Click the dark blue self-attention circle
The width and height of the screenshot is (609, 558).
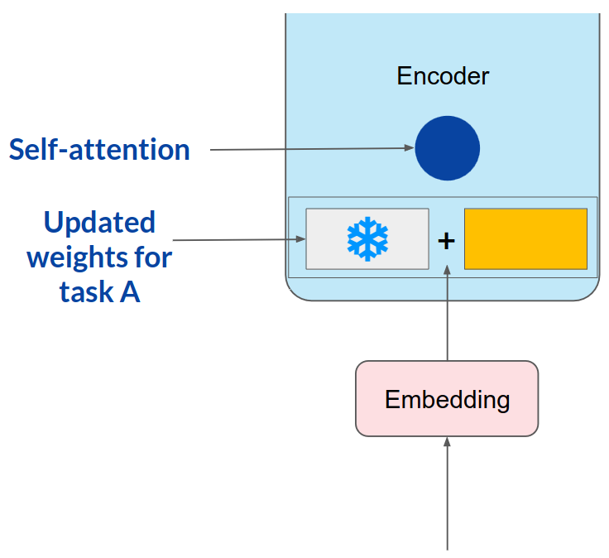click(x=447, y=149)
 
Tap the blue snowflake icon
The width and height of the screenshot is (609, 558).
click(x=367, y=239)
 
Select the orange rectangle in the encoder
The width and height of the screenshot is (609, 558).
click(x=525, y=238)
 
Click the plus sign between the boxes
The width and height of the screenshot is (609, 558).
click(x=447, y=241)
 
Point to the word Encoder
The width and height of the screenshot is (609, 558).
click(x=443, y=76)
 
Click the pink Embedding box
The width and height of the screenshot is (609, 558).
click(x=447, y=399)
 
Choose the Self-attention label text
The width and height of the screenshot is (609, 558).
click(x=99, y=150)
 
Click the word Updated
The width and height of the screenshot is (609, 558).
click(x=99, y=222)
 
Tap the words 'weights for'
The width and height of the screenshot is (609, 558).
click(x=99, y=257)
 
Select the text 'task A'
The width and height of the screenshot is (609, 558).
click(x=99, y=291)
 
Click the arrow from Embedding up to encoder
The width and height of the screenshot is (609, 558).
click(x=447, y=315)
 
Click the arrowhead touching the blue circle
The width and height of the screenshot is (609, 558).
click(x=410, y=148)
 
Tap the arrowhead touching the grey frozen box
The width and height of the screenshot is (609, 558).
click(x=300, y=239)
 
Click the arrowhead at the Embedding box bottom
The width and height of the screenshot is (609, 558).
click(x=447, y=442)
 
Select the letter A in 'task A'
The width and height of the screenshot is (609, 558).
click(x=129, y=291)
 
